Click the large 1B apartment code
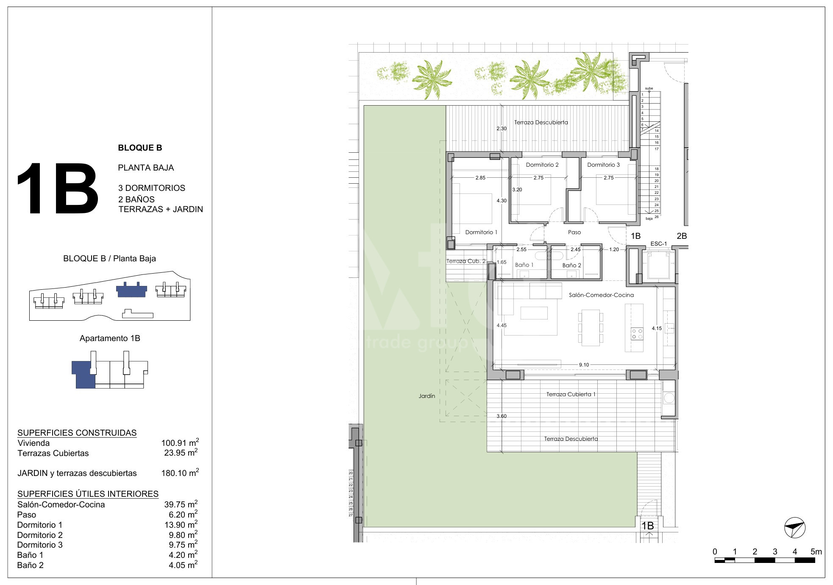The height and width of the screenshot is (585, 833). [x=58, y=189]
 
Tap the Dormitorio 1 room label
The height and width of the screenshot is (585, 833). [x=481, y=232]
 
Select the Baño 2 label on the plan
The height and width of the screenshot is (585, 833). [x=572, y=265]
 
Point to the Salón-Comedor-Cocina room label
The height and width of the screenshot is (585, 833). [x=601, y=295]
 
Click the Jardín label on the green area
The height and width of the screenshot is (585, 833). [x=427, y=396]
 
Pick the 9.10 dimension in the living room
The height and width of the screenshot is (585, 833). [x=584, y=365]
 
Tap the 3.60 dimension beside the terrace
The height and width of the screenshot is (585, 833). [x=501, y=416]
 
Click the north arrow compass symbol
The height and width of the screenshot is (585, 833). [x=795, y=528]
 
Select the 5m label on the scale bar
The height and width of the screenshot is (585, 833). [x=816, y=551]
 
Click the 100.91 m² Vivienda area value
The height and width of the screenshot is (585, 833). [x=180, y=442]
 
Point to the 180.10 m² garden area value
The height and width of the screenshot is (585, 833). [x=180, y=473]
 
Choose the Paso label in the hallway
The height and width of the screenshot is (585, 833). [x=574, y=232]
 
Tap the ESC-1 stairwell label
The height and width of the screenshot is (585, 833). [x=659, y=244]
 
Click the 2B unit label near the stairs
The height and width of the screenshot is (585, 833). [x=682, y=236]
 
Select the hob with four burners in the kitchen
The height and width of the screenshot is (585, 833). [x=637, y=333]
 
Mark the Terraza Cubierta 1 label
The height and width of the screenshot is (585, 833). [x=571, y=394]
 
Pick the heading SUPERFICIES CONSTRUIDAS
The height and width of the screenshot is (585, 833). [x=77, y=433]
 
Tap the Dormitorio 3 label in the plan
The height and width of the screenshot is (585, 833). [x=603, y=165]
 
